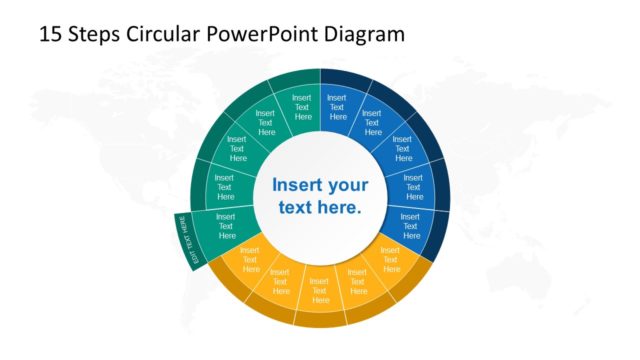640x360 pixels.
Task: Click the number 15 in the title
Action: pos(50,34)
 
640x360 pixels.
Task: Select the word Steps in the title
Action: pos(94,34)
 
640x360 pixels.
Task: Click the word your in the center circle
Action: pos(348,185)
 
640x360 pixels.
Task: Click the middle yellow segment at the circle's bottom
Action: pos(320,286)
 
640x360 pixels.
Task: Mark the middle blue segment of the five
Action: pos(403,150)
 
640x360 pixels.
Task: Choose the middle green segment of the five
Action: pos(237,150)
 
